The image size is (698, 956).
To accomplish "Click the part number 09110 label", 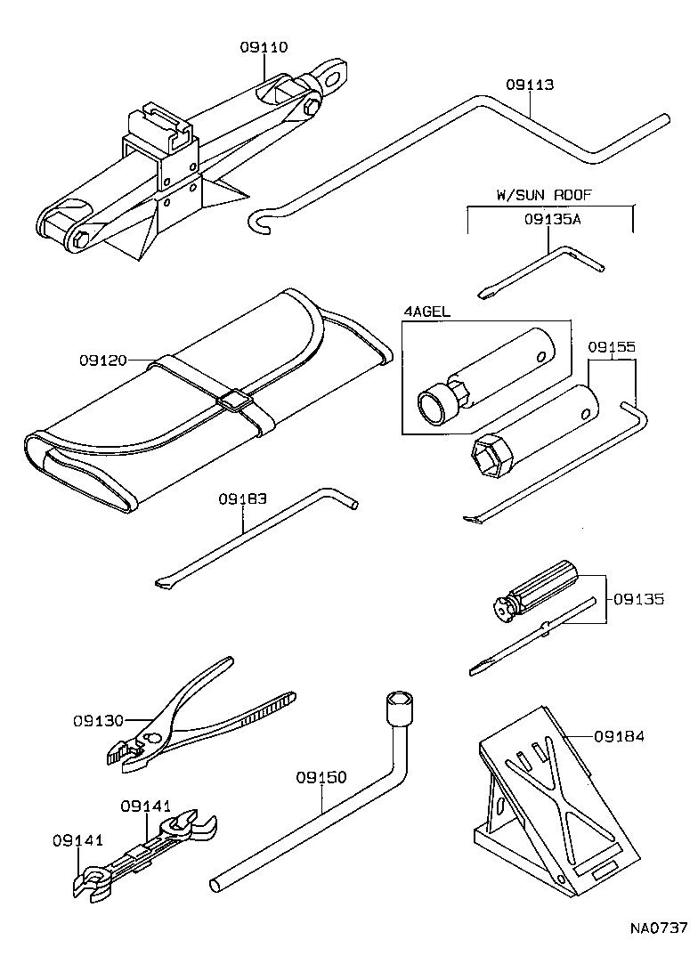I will click(264, 46).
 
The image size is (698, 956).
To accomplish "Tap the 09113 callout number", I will click(530, 85).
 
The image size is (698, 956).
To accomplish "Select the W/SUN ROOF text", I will click(544, 194).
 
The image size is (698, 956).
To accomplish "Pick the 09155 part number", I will click(612, 347).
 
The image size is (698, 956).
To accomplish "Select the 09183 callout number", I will click(242, 499).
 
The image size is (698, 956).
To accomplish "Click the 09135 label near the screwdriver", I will click(638, 599).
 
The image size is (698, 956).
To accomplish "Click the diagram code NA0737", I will click(659, 928).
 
